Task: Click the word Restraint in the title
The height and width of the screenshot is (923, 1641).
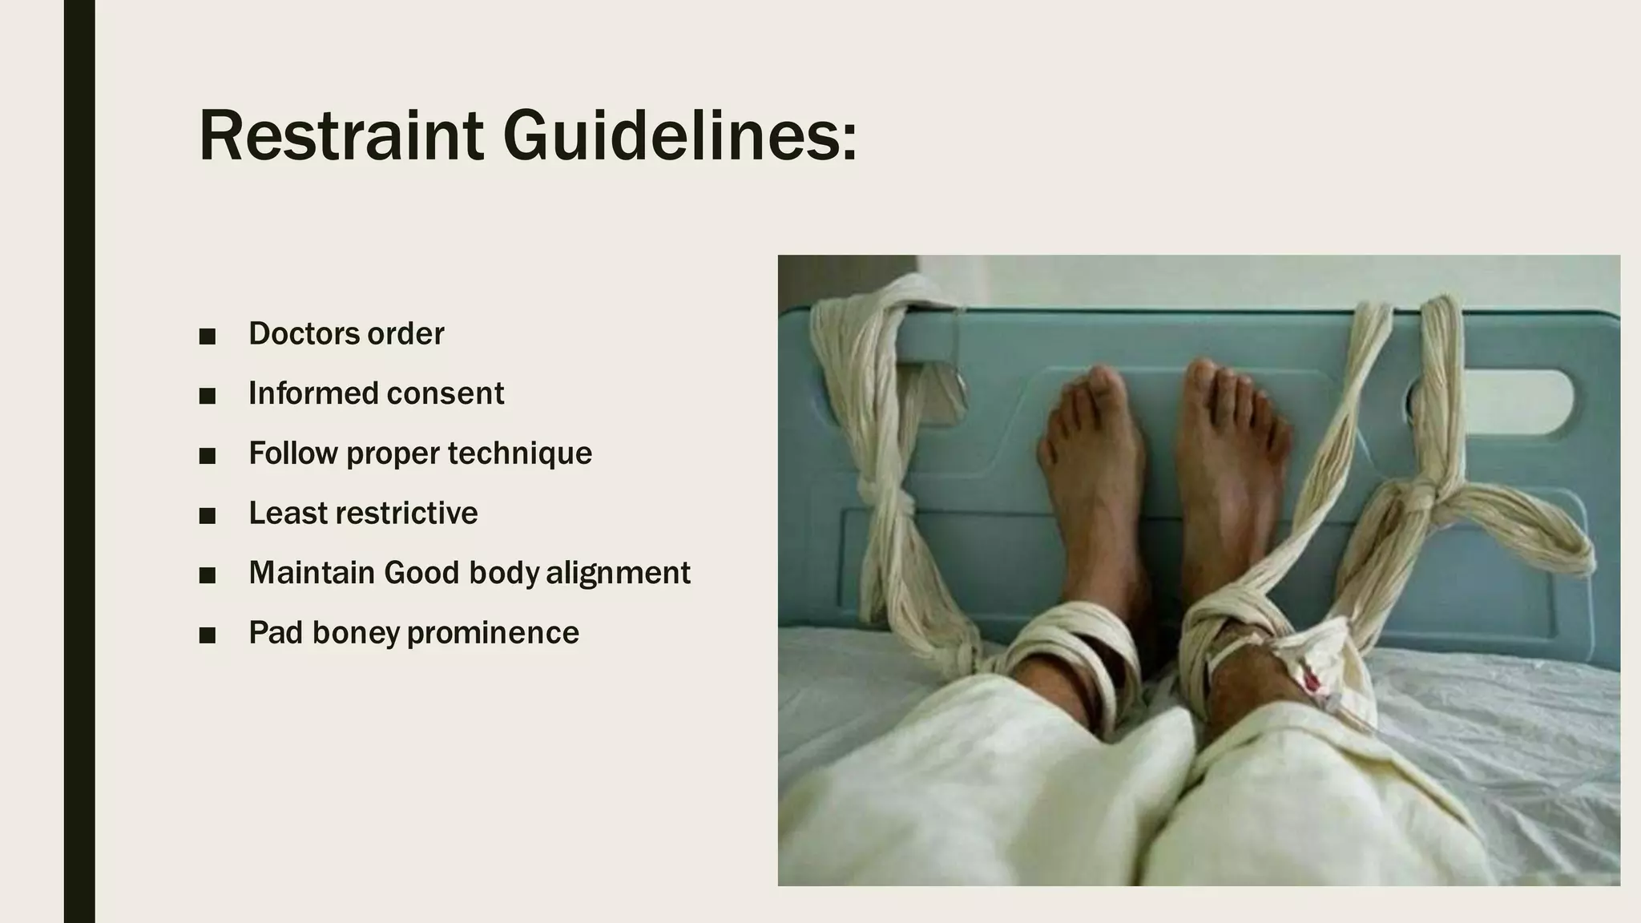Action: click(x=341, y=135)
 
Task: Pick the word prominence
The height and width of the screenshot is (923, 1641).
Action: click(x=493, y=633)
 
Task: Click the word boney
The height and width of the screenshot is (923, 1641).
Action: click(x=356, y=633)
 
